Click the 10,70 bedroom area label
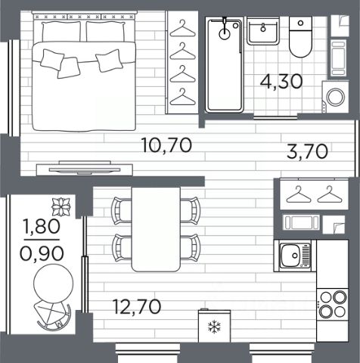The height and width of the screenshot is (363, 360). [167, 145]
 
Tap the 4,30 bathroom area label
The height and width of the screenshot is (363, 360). [281, 81]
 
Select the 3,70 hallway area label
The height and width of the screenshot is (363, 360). [307, 151]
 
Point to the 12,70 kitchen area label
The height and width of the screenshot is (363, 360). [137, 306]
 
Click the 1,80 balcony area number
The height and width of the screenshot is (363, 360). [42, 226]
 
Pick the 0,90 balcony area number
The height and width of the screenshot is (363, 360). [42, 253]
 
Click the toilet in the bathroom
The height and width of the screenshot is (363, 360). [300, 37]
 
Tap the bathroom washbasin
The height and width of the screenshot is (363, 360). [263, 31]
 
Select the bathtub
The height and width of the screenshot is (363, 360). [224, 65]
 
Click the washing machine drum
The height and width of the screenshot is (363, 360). [336, 97]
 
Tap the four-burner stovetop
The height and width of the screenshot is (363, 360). [333, 305]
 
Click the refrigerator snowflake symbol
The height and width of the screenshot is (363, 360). [214, 327]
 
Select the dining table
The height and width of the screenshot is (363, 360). [156, 229]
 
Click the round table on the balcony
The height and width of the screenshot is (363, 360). [54, 283]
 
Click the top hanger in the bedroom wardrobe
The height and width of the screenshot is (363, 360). [182, 29]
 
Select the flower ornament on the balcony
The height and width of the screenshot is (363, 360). [61, 207]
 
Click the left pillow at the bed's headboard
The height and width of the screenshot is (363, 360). [61, 31]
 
